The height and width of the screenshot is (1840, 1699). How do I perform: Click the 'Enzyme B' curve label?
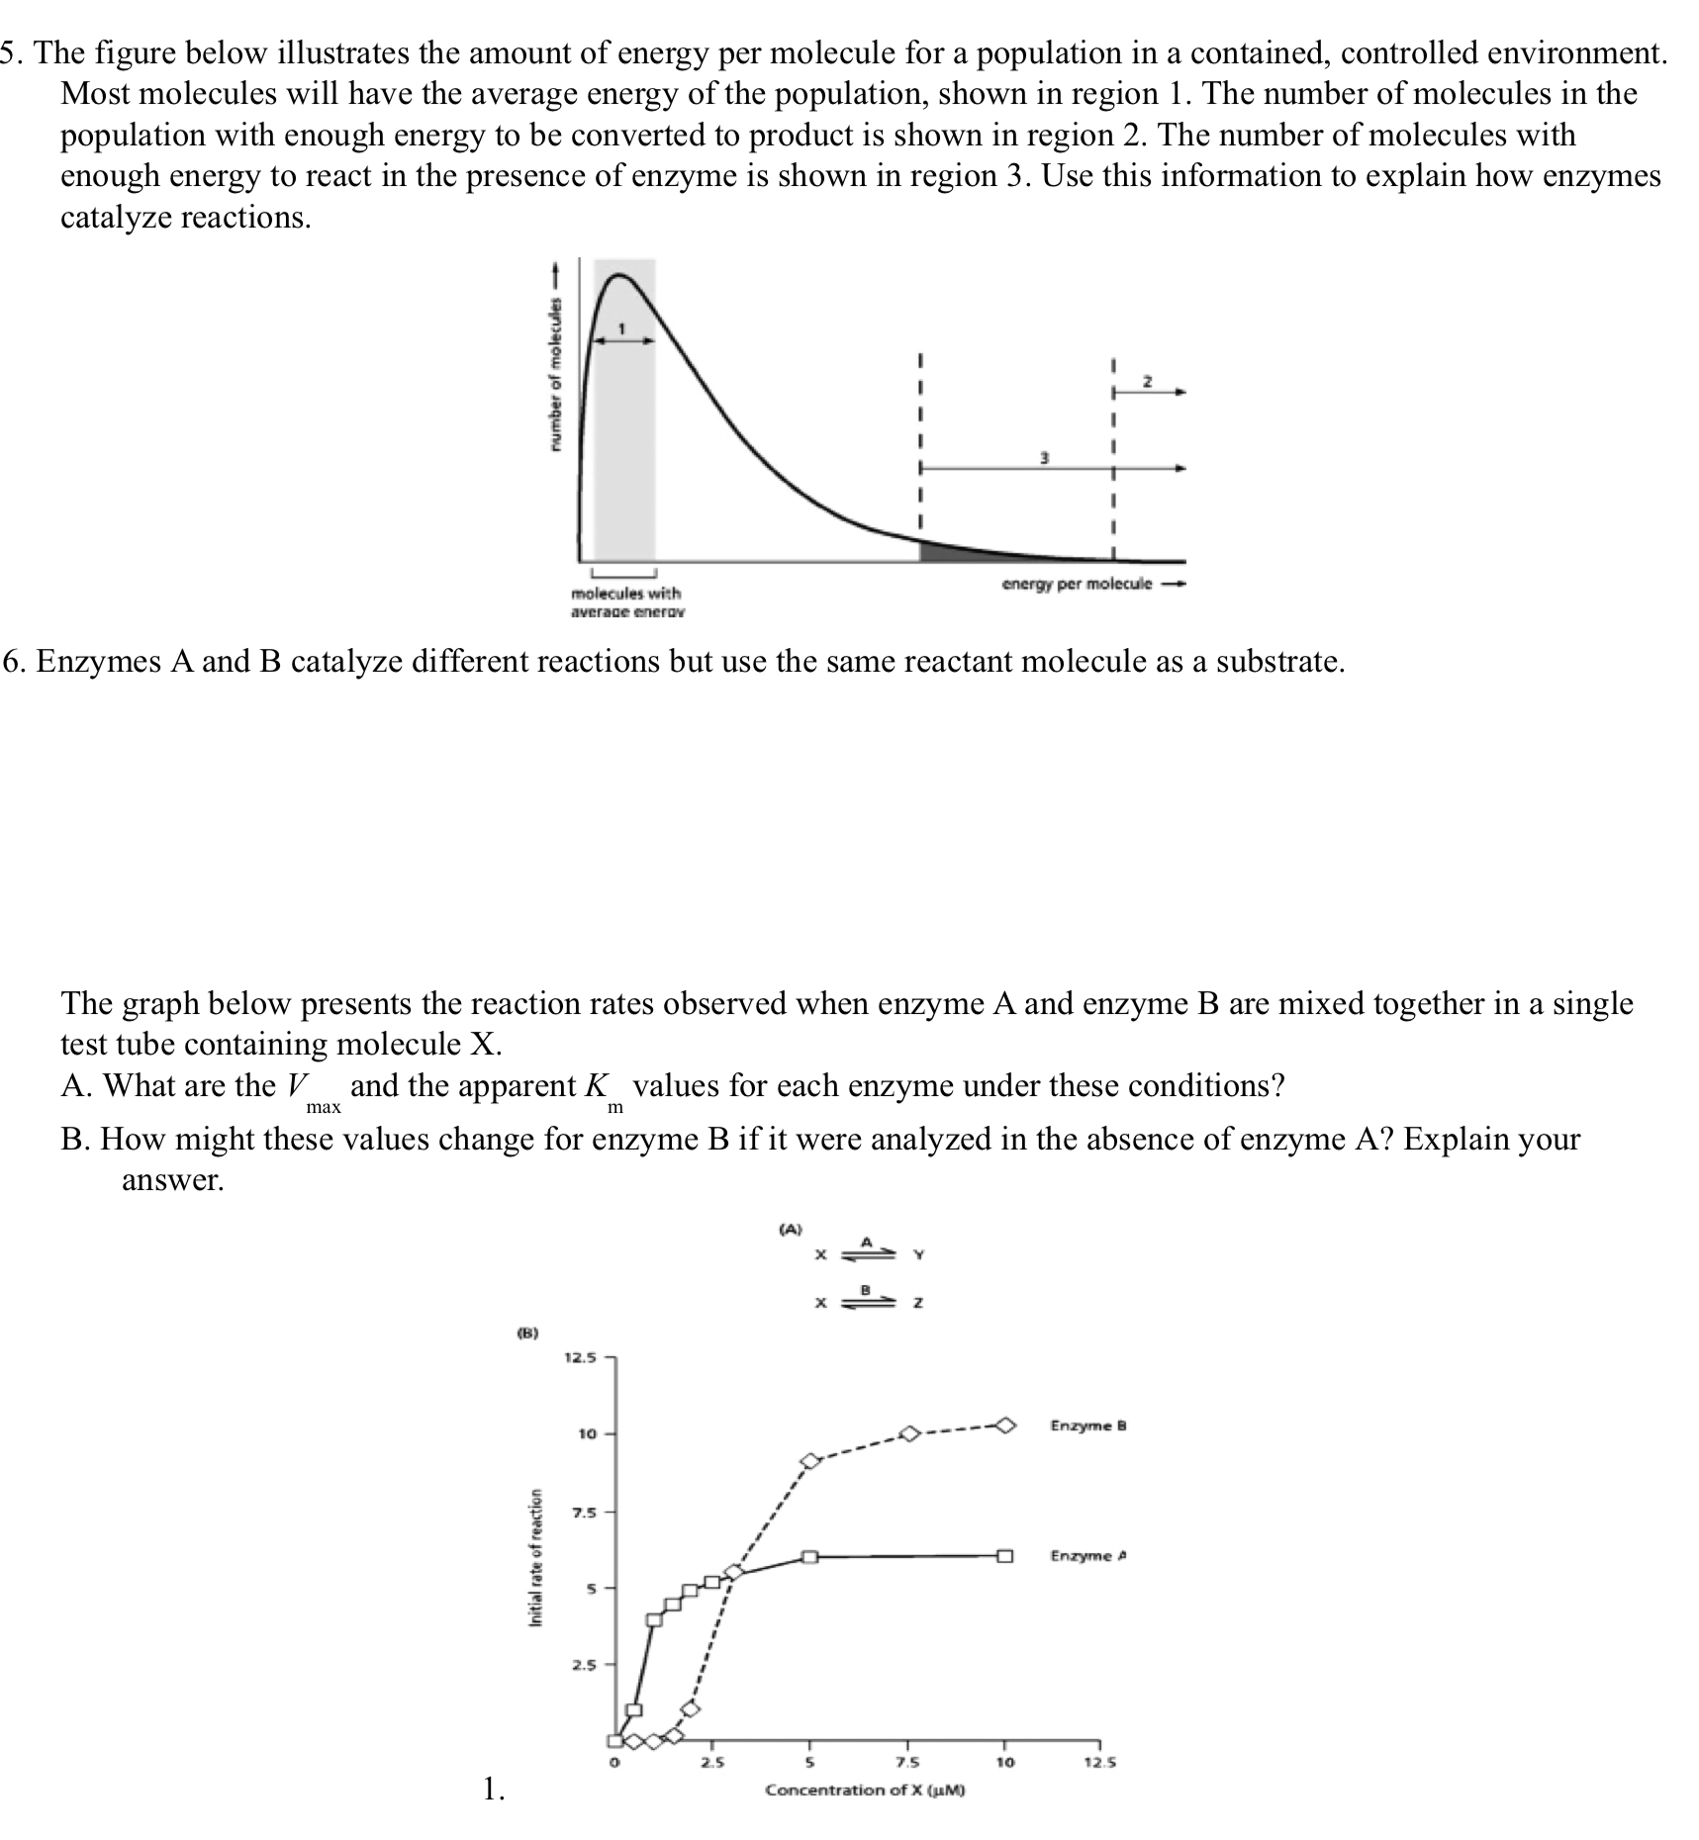tap(1087, 1426)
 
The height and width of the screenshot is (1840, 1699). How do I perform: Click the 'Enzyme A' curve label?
tap(1087, 1556)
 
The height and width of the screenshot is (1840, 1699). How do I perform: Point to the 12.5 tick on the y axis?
tap(581, 1356)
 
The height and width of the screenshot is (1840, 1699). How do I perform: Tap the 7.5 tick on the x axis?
tap(907, 1762)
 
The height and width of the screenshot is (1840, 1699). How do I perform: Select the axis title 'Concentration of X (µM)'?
tap(865, 1790)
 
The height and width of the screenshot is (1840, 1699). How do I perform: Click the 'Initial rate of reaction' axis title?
tap(536, 1558)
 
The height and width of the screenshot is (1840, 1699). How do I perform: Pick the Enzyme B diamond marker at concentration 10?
tap(1005, 1425)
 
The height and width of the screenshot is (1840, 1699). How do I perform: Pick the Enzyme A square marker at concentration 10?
tap(1004, 1556)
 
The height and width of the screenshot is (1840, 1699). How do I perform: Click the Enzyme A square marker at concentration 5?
tap(809, 1556)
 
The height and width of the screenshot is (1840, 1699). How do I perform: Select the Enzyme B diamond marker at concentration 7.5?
tap(909, 1433)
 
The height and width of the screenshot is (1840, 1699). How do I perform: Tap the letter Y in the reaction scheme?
tap(918, 1255)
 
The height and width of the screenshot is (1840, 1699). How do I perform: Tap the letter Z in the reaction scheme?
tap(918, 1304)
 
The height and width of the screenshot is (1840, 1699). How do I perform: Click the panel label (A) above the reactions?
tap(790, 1230)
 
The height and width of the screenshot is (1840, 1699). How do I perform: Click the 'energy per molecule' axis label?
tap(1077, 584)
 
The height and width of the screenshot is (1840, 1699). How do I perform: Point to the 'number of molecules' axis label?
tap(557, 361)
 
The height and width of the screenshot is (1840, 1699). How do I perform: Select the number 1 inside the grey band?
tap(622, 327)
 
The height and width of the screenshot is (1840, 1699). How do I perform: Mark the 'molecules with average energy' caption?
tap(627, 601)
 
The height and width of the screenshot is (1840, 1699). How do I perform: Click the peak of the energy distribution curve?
tap(620, 275)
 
